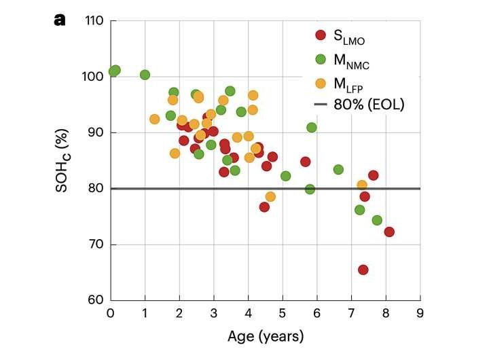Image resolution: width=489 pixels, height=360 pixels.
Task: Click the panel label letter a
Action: (x=60, y=20)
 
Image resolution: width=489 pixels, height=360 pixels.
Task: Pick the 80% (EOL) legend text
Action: (x=367, y=105)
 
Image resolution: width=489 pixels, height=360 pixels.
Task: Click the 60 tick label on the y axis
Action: (x=95, y=300)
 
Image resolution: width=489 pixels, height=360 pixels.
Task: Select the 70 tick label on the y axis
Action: (x=95, y=245)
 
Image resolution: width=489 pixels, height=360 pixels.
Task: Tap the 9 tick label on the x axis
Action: (x=420, y=314)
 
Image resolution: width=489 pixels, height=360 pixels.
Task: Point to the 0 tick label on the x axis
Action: (x=111, y=314)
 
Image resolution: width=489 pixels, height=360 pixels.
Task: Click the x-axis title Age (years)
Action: (x=265, y=336)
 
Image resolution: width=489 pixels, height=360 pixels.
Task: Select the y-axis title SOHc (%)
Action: (x=65, y=161)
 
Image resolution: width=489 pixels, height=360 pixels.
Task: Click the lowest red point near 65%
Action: (x=363, y=270)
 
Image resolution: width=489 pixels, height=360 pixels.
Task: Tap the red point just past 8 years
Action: (x=389, y=232)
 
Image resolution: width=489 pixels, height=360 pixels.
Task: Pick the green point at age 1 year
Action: (x=145, y=75)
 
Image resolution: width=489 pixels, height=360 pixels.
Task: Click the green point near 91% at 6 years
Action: (x=312, y=127)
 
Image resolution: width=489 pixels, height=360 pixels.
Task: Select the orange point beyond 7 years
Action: (x=362, y=185)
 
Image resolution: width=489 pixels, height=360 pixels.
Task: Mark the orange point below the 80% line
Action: (x=270, y=196)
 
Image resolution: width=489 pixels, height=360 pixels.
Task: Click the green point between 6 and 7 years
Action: (x=338, y=169)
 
